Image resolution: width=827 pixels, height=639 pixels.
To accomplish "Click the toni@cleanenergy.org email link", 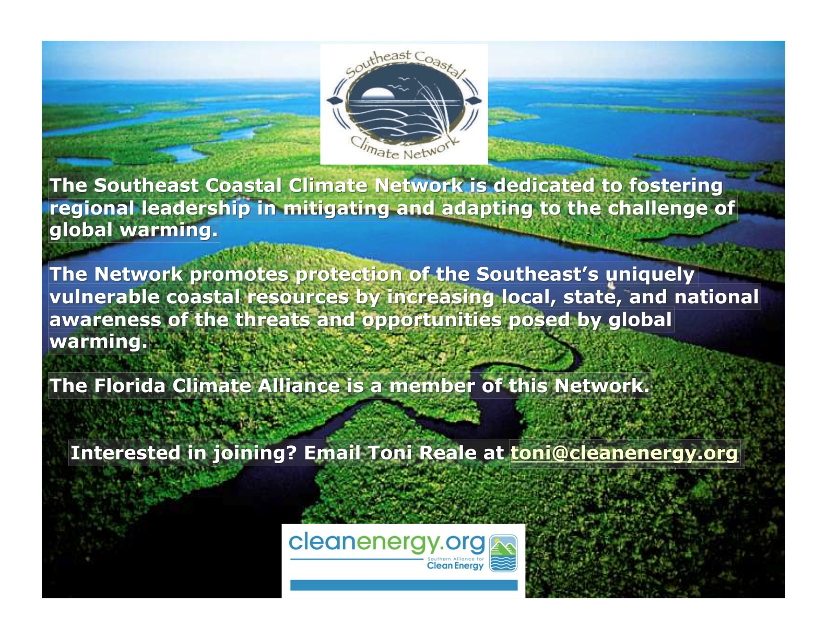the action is pos(624,453).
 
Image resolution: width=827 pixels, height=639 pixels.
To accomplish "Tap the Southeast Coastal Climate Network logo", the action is pos(404,104).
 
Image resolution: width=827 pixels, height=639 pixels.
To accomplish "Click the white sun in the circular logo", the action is pos(377,93).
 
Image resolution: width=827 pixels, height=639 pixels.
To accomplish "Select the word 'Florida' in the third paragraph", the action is pos(130,385).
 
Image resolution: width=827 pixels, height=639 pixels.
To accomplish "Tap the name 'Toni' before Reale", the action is pos(390,453).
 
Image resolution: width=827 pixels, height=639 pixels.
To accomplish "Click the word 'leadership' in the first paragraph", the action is pos(196,208).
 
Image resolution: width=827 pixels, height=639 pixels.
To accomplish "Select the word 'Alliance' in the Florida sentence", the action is pos(298,385).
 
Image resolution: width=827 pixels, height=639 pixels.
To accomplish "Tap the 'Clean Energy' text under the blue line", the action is pos(455,565).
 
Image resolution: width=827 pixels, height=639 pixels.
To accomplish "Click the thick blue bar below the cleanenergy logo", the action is pos(404,585).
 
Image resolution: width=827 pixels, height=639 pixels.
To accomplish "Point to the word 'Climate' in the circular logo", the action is pos(374,148).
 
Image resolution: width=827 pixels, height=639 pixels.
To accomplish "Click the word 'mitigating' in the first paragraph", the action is pos(336,208).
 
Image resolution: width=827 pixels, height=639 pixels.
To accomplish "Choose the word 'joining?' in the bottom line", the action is pos(254,454).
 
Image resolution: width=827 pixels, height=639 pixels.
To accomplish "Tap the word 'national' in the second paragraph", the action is pos(717,297).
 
